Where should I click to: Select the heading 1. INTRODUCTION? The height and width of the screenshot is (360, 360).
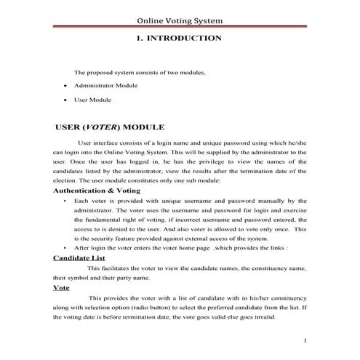tap(179, 37)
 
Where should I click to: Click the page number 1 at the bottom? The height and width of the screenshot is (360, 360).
tap(305, 340)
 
